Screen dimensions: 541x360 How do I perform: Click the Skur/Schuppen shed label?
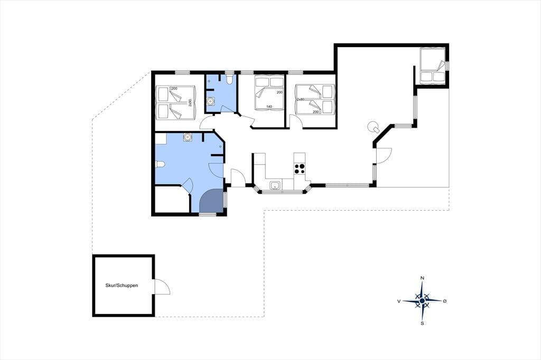click(x=122, y=286)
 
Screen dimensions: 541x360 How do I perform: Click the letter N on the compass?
click(x=422, y=278)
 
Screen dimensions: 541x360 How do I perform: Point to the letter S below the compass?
click(x=422, y=324)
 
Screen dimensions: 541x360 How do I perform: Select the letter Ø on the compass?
click(x=445, y=301)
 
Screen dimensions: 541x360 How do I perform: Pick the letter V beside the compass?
click(x=399, y=301)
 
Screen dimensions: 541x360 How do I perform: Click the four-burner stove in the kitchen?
click(x=300, y=169)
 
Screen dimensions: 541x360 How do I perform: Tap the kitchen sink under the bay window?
click(x=275, y=185)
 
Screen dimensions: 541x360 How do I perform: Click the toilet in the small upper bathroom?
click(x=230, y=80)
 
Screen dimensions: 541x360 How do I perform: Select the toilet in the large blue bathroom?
click(x=161, y=165)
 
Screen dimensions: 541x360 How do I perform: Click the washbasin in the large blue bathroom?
click(x=188, y=137)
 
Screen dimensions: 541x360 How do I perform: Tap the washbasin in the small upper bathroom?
click(x=210, y=101)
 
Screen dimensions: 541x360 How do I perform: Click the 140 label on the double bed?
click(x=269, y=107)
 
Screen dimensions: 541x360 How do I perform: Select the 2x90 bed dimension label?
click(x=190, y=103)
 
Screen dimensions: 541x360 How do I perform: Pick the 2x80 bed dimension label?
click(x=300, y=99)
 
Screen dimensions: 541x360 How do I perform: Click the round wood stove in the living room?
click(x=374, y=127)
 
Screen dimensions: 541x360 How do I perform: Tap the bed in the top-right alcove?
click(x=431, y=65)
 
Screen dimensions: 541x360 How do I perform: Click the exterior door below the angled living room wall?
click(x=383, y=156)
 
